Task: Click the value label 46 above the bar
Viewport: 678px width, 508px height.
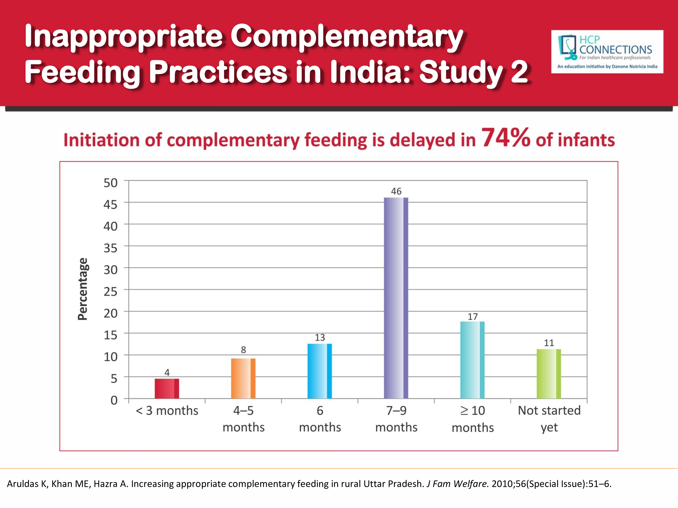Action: (x=396, y=191)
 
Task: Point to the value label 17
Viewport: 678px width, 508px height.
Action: (x=473, y=317)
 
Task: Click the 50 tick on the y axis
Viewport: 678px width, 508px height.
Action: (x=110, y=183)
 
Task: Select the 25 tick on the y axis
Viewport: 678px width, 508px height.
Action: (x=110, y=291)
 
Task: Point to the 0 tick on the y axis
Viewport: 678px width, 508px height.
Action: (x=114, y=400)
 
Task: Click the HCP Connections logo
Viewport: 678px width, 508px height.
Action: (x=607, y=52)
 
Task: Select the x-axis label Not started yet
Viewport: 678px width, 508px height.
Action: (x=549, y=419)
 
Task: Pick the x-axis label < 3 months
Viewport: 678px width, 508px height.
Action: (x=167, y=411)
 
